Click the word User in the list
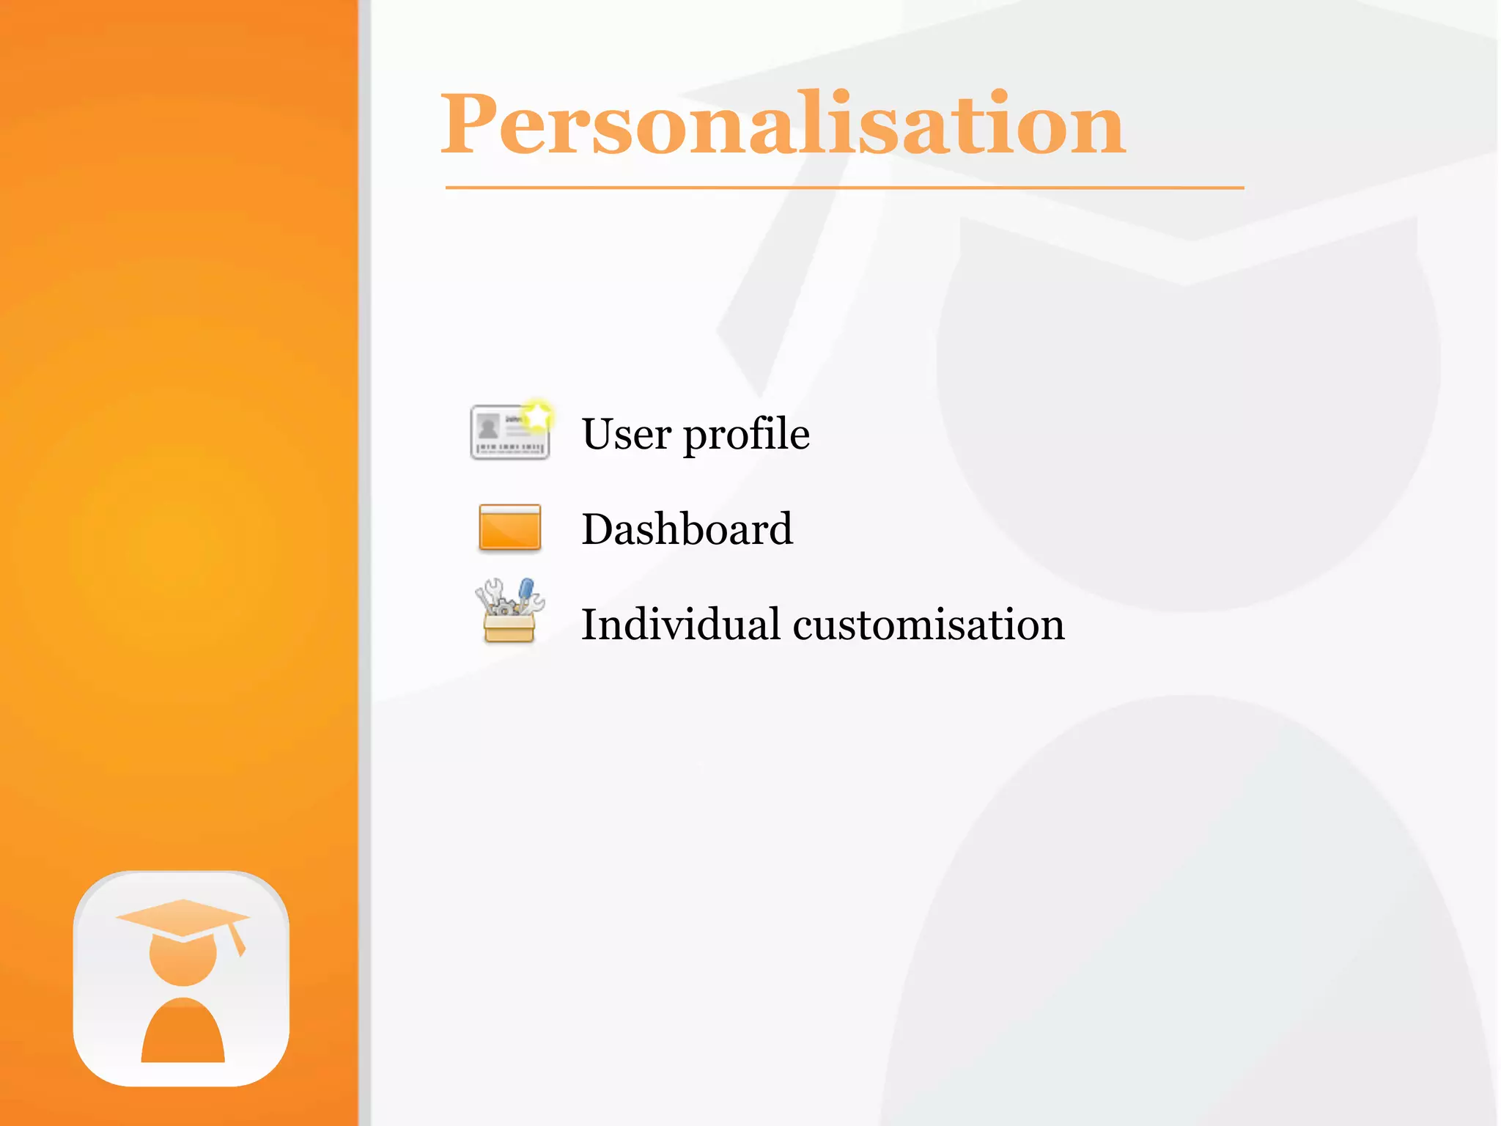tap(625, 434)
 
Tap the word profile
tap(746, 435)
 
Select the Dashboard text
tap(687, 529)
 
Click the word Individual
tap(680, 625)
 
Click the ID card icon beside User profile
tap(509, 432)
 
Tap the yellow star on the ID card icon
tap(538, 416)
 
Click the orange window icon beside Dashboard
tap(509, 527)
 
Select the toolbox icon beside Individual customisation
tap(509, 611)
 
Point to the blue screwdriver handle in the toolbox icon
tap(526, 588)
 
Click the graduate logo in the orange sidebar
tap(182, 978)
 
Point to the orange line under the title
tap(844, 188)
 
